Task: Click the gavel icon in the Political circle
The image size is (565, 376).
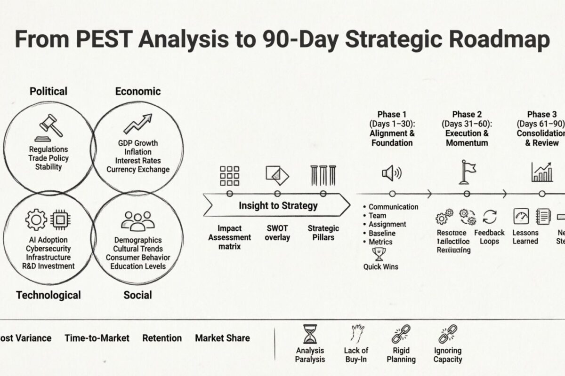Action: point(51,126)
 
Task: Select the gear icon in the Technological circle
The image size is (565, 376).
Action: point(36,219)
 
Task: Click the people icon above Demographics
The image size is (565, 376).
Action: point(138,220)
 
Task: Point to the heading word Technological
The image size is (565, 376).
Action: point(48,295)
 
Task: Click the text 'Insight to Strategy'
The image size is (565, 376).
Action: point(278,205)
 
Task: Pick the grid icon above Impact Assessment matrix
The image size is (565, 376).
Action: point(230,175)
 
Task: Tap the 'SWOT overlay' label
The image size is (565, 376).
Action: point(277,233)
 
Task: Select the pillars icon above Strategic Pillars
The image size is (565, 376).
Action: point(323,175)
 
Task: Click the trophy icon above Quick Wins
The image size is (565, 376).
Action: point(379,254)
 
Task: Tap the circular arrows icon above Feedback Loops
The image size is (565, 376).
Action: point(490,217)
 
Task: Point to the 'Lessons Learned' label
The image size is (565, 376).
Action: point(525,237)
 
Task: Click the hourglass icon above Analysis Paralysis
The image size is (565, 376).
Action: point(310,334)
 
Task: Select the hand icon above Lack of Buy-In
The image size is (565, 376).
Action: point(355,333)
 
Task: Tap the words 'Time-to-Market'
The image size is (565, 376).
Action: point(97,338)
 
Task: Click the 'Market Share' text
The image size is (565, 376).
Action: point(222,338)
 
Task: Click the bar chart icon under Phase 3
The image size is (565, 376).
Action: point(542,172)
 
